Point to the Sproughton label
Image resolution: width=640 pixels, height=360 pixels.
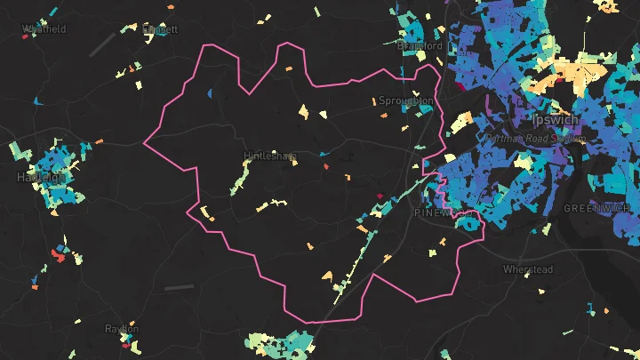coord(406,100)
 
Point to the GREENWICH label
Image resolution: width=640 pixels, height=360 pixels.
coord(596,208)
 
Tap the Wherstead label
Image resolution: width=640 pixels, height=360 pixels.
coord(528,268)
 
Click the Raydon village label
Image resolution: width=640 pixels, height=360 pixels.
coord(122,329)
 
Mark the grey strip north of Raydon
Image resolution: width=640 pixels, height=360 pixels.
coord(178,287)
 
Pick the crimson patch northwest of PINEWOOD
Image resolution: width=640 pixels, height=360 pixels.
coord(380,196)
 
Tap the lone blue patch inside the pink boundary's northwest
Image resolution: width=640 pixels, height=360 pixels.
coord(210,92)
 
